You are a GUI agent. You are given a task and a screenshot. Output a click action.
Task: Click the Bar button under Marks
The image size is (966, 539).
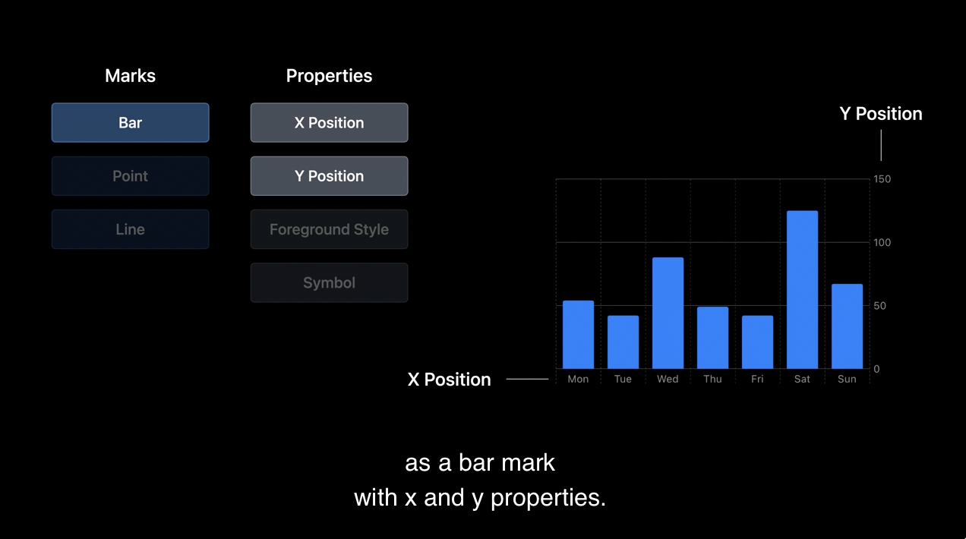[x=130, y=122]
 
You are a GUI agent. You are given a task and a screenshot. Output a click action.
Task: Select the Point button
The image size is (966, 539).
[x=130, y=176]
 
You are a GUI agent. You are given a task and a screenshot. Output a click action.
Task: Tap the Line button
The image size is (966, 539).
[x=130, y=229]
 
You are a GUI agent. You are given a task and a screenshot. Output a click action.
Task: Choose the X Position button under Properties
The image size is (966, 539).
[x=329, y=122]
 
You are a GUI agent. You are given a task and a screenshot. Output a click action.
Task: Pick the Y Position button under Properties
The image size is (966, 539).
[x=329, y=176]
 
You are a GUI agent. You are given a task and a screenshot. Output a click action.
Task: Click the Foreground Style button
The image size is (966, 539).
[x=329, y=229]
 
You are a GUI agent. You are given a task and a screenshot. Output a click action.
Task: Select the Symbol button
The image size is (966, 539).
[x=329, y=283]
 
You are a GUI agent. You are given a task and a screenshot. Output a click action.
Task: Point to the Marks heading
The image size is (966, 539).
[x=130, y=76]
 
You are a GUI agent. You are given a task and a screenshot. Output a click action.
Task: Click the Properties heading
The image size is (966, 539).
[x=329, y=77]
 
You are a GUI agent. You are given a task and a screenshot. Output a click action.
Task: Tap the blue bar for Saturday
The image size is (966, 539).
[x=802, y=290]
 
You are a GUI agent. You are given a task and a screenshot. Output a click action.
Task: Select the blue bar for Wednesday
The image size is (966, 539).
[x=668, y=313]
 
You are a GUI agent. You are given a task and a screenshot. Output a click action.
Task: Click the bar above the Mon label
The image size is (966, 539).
[x=578, y=335]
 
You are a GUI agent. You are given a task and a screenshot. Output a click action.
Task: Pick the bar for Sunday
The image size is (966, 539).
[x=847, y=326]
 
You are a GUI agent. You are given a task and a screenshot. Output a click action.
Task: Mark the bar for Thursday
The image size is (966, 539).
[x=712, y=338]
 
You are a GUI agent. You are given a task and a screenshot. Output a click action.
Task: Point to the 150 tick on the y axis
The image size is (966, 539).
[x=882, y=179]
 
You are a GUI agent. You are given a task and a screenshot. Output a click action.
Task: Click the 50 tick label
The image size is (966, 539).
[x=879, y=306]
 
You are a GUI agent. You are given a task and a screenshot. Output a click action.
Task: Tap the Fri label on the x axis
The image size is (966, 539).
[x=757, y=379]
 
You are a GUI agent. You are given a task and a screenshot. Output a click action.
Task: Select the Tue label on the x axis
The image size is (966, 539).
[x=623, y=379]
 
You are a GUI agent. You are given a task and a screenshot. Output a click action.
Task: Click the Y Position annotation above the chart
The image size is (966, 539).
[x=881, y=114]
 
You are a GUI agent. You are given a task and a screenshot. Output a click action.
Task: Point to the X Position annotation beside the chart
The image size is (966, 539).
[x=449, y=380]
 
